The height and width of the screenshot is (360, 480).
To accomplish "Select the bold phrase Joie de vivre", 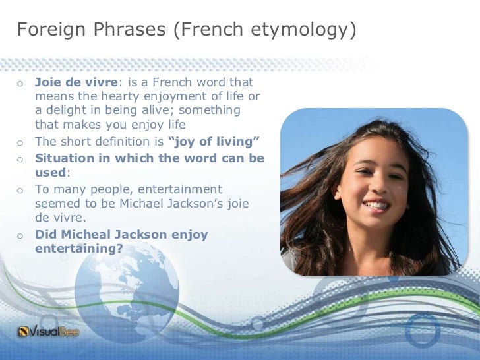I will pyautogui.click(x=75, y=84).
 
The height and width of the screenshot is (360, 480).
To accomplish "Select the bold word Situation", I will pyautogui.click(x=65, y=158).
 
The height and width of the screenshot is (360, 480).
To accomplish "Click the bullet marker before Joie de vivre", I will pyautogui.click(x=20, y=84).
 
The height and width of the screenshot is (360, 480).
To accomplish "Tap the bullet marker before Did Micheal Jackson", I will pyautogui.click(x=20, y=235).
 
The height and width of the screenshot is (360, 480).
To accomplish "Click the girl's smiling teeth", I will pyautogui.click(x=377, y=206).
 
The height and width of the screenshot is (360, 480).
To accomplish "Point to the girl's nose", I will pyautogui.click(x=374, y=185).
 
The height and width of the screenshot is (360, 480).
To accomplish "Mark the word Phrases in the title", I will pyautogui.click(x=119, y=30).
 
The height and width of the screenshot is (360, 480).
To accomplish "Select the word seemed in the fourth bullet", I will pyautogui.click(x=57, y=202).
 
